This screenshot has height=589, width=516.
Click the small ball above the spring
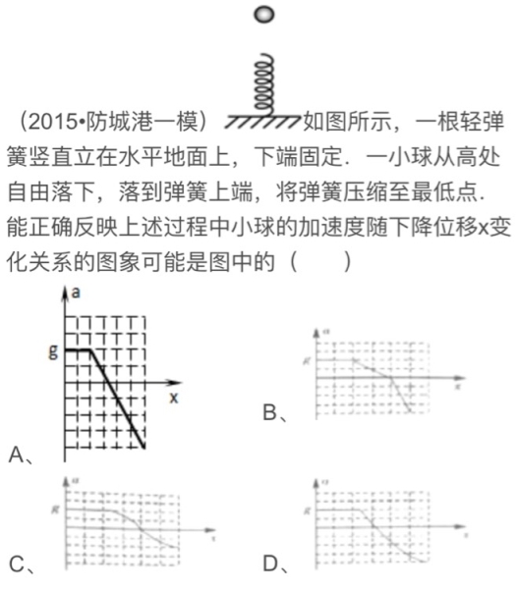coord(261,14)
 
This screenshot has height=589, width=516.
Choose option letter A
coord(16,454)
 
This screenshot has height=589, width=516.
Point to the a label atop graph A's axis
coord(76,293)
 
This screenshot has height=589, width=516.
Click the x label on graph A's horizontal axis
coord(173,398)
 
